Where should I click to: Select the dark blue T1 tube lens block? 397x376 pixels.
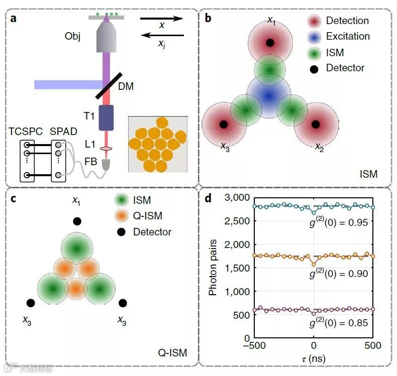point(106,117)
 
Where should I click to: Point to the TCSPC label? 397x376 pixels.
point(25,132)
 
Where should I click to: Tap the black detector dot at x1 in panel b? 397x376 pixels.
point(270,43)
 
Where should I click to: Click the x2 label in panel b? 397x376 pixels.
point(319,147)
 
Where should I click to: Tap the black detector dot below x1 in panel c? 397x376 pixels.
point(76,221)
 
